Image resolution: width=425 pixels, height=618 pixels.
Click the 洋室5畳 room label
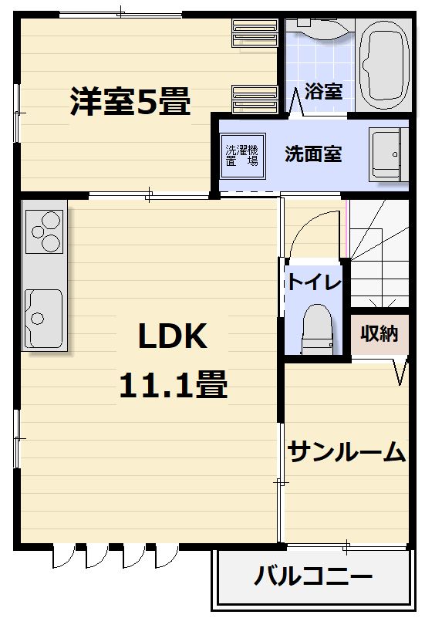(130, 101)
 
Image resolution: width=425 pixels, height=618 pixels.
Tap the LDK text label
(173, 336)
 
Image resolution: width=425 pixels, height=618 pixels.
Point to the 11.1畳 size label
(174, 384)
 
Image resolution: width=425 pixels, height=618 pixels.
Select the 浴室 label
(324, 91)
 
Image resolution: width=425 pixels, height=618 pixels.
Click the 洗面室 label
(313, 154)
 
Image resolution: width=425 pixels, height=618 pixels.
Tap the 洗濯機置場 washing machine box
(243, 156)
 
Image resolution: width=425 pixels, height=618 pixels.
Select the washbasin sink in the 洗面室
(386, 154)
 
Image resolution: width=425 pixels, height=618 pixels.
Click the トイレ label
(314, 282)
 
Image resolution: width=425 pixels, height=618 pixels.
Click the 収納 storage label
(379, 334)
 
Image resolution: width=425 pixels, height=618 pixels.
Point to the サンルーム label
(346, 451)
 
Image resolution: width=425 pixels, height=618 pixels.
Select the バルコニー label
(313, 576)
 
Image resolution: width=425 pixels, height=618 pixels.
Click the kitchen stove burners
(44, 231)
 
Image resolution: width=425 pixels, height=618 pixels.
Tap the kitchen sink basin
(43, 319)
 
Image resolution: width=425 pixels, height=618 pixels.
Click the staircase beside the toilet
(379, 253)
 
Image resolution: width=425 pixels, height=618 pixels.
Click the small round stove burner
(38, 231)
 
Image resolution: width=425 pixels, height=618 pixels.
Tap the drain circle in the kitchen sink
(38, 318)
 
